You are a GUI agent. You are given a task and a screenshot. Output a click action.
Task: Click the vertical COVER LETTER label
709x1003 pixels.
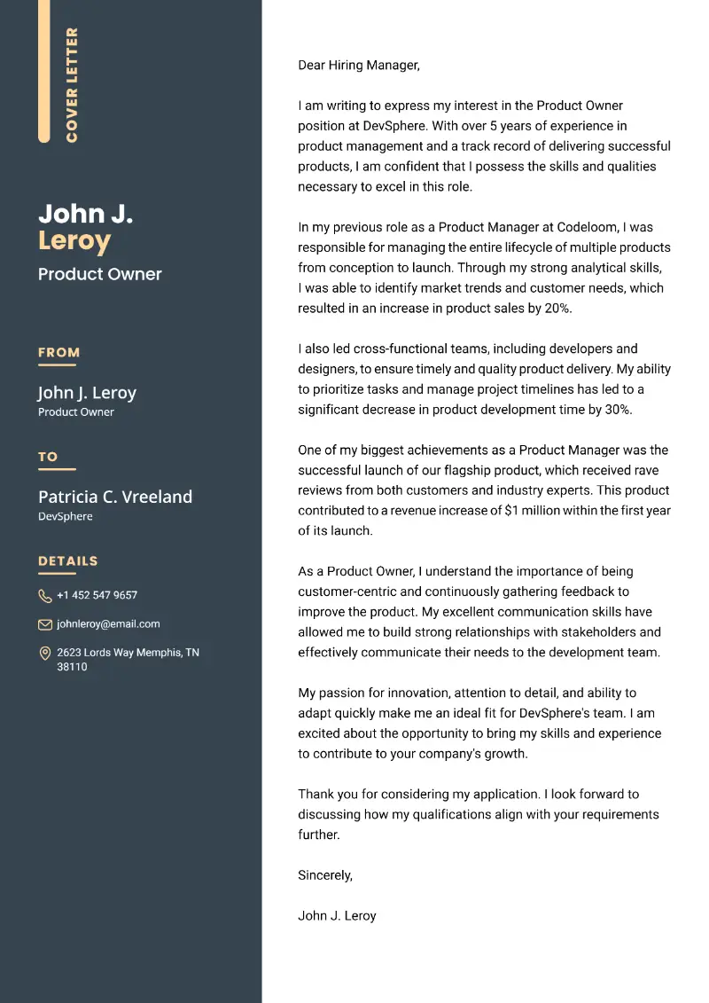pos(73,84)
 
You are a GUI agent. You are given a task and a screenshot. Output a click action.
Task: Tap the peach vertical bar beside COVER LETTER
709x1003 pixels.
pos(43,71)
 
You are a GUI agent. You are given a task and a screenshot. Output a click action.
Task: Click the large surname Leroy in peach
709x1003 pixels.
pos(74,240)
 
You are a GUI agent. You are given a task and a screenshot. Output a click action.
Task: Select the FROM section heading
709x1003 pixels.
pos(58,352)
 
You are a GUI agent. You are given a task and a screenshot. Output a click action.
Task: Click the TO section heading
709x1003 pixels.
pos(48,457)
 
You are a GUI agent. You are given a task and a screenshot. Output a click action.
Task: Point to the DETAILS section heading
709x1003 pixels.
pos(68,560)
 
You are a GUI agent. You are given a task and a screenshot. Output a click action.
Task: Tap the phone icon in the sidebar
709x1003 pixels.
pos(45,596)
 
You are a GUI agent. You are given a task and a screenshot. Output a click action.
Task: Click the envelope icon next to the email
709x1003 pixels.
pos(45,624)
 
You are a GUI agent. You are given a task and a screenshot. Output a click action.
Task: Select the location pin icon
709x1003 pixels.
pos(45,654)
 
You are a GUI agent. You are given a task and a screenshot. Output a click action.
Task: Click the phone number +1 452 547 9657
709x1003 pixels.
pos(97,595)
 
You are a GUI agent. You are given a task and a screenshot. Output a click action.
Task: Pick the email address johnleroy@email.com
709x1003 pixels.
pos(108,624)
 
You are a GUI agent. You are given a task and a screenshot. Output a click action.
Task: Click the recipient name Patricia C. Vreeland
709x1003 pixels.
pos(115,497)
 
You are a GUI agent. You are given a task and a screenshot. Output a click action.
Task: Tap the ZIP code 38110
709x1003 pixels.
pos(72,667)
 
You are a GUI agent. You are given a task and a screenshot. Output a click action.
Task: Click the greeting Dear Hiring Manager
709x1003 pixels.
pos(358,65)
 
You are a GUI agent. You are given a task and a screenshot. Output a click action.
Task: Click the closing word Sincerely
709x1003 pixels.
pos(324,875)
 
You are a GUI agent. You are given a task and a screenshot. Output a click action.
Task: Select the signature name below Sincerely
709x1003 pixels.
pos(337,915)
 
